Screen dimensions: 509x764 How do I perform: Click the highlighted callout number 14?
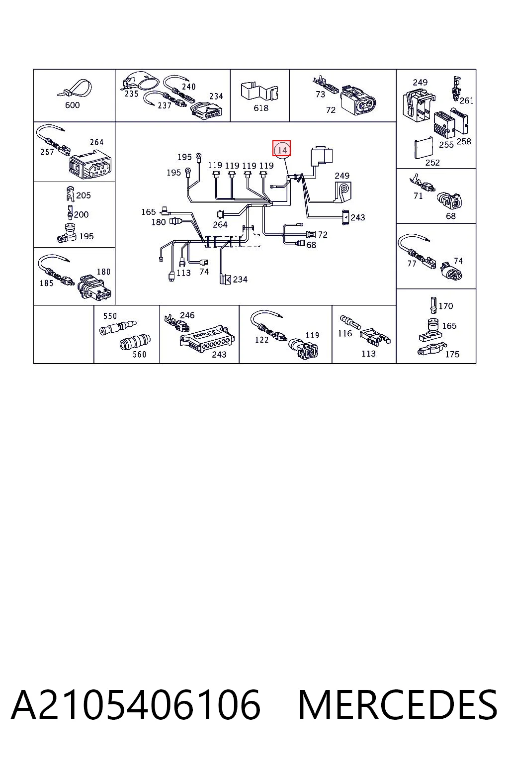click(x=282, y=150)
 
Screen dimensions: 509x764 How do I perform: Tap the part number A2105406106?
click(x=136, y=705)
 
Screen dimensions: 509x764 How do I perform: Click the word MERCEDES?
click(x=398, y=705)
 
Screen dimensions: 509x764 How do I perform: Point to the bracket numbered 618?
click(x=260, y=91)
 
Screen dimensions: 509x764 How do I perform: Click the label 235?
click(x=131, y=94)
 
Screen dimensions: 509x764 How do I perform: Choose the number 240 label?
click(x=188, y=87)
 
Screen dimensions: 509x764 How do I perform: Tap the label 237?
click(x=165, y=106)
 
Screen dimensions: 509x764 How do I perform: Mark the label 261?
click(x=466, y=100)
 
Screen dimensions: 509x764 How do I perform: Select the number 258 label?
click(x=464, y=141)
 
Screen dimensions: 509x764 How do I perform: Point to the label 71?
click(x=418, y=196)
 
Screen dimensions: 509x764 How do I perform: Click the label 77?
click(x=412, y=264)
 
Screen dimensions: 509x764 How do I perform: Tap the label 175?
click(x=452, y=354)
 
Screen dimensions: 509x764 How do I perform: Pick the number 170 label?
click(x=446, y=306)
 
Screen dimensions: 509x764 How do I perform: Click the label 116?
click(x=344, y=333)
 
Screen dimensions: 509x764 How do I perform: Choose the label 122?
click(x=261, y=340)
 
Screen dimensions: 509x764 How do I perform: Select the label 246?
click(x=187, y=315)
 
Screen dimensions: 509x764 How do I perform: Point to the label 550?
click(x=110, y=316)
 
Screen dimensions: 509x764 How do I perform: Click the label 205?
click(x=84, y=195)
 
